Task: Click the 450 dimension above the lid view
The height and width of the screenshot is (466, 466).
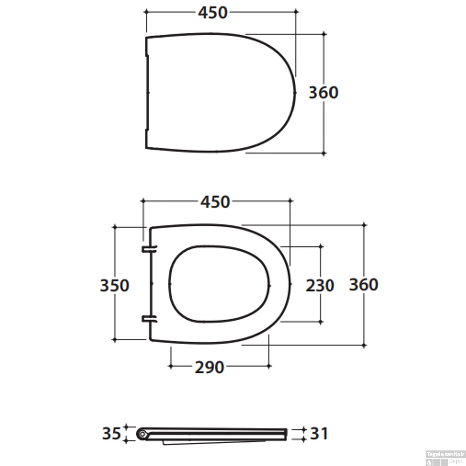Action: pos(213,13)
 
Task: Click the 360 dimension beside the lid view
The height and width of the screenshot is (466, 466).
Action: pos(323,93)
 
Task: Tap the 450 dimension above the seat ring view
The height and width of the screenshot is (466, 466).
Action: pos(215,202)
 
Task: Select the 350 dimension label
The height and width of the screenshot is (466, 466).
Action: pos(114,286)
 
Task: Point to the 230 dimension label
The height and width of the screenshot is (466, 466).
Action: pos(320,286)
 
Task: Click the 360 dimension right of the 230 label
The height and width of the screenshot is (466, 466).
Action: pos(363,285)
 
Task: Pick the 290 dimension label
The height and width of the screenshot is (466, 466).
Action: pos(209,368)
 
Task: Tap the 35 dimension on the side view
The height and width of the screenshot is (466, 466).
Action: pos(111,433)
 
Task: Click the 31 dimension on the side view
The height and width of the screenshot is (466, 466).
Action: pos(319,434)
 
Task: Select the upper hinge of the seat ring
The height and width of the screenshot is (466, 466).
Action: pos(149,249)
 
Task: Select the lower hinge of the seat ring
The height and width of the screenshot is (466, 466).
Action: pos(149,319)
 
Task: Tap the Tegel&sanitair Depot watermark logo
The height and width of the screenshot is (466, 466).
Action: pos(445,458)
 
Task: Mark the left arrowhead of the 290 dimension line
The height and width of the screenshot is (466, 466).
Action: pos(171,366)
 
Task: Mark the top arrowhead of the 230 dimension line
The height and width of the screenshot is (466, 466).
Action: pos(321,247)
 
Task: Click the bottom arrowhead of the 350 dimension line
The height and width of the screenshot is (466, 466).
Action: pos(115,340)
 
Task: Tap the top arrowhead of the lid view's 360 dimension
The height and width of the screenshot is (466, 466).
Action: pos(324,34)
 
